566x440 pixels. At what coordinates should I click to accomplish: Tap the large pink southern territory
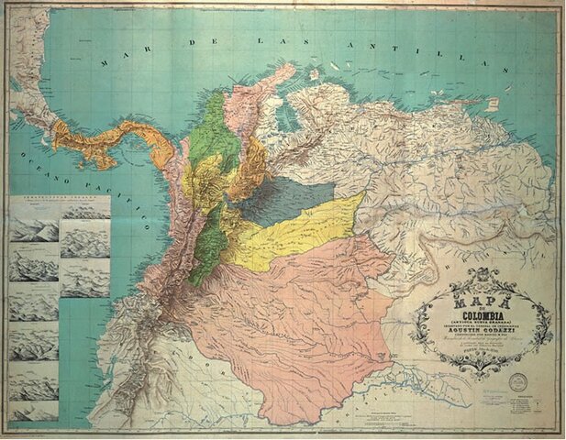tap(303, 312)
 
